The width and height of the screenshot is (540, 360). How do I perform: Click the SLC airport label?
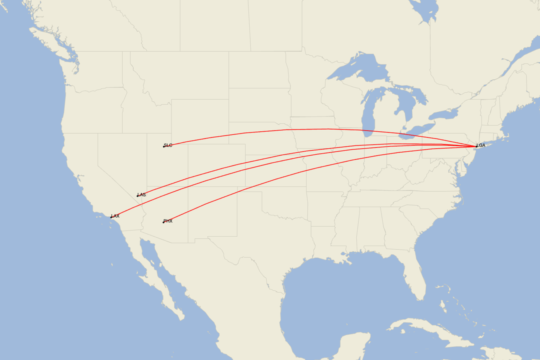point(168,145)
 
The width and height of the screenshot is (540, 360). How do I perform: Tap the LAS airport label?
point(142,194)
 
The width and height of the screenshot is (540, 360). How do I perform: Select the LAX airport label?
point(115,216)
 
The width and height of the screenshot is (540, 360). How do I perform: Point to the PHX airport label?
point(168,221)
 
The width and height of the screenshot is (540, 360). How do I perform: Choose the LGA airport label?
point(481,145)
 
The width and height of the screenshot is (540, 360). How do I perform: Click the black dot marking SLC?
point(164,146)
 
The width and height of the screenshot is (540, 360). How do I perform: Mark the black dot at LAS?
point(137,195)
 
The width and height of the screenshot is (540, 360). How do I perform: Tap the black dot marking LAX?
point(111,217)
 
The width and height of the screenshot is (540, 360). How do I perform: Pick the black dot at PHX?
point(163,222)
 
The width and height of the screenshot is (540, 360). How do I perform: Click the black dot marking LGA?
point(476,146)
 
